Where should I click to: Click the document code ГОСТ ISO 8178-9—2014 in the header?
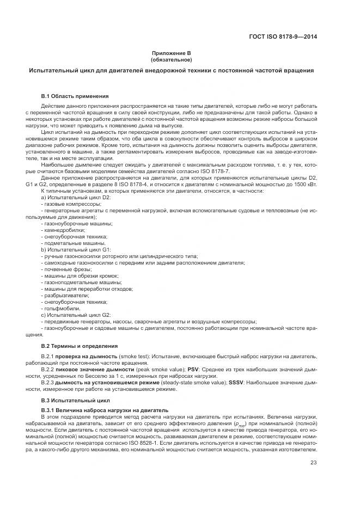(x=283, y=37)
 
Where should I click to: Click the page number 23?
(x=314, y=463)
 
